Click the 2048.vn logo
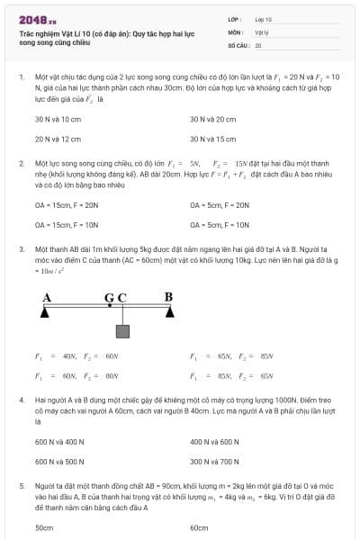coord(37,19)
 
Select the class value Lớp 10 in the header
coord(264,19)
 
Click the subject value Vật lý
coord(262,31)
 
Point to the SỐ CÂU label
coord(238,44)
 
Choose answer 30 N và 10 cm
coord(54,119)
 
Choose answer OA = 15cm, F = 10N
coord(66,224)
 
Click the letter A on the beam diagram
coord(46,296)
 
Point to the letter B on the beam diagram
coord(168,296)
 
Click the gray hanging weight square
coord(122,331)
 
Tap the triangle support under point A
coord(45,312)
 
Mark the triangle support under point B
coord(169,312)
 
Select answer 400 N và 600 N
coord(214,442)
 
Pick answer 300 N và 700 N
coord(214,462)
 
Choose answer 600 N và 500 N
coord(59,462)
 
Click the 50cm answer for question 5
coord(44,527)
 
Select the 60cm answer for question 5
coord(199,527)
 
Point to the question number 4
coord(21,398)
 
